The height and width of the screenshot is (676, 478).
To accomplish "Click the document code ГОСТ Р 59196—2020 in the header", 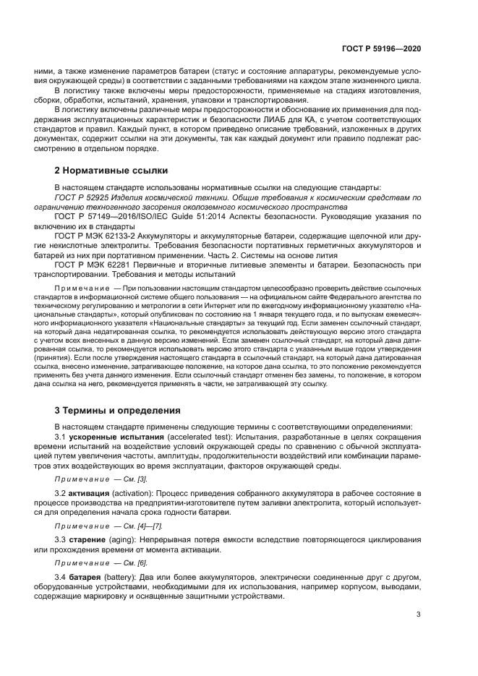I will (381, 48).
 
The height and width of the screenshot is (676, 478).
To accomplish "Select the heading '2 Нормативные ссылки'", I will (111, 171).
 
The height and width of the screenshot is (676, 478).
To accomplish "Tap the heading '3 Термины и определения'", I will (118, 410).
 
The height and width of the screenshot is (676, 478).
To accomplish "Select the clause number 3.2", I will (61, 494).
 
